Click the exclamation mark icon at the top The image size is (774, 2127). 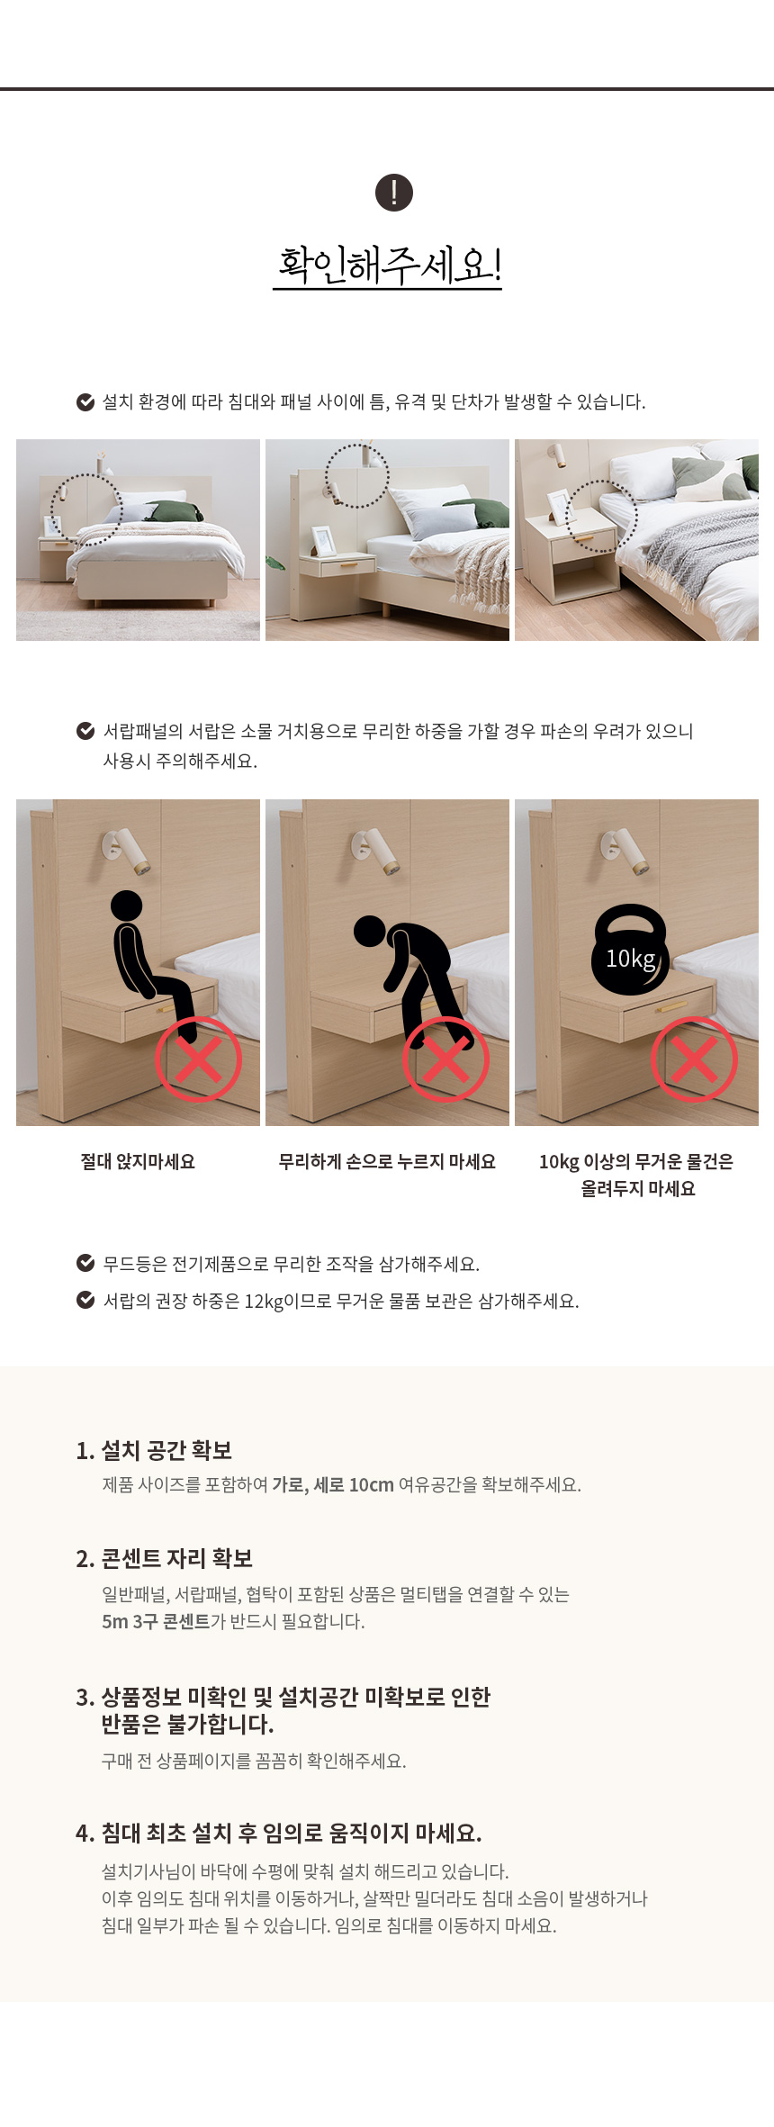[x=393, y=193]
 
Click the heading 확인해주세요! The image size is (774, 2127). [x=388, y=265]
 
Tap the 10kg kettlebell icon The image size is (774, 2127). [x=629, y=950]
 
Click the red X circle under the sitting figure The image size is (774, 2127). [x=198, y=1059]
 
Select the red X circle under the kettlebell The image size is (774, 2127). [x=694, y=1059]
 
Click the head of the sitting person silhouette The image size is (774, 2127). [x=126, y=906]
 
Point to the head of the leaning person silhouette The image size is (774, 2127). [x=369, y=931]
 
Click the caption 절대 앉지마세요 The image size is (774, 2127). [x=138, y=1162]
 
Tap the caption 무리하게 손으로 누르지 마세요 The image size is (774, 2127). [x=387, y=1162]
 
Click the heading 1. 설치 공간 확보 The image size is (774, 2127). [x=154, y=1450]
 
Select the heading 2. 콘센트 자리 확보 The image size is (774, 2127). [x=164, y=1558]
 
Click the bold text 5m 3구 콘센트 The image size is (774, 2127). [x=156, y=1621]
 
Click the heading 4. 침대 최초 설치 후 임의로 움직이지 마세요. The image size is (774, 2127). [x=279, y=1833]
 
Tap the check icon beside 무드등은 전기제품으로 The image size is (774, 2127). [x=85, y=1263]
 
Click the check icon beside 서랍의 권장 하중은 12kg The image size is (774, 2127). [x=85, y=1300]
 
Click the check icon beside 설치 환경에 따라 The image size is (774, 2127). [x=85, y=401]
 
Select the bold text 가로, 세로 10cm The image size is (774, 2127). [x=333, y=1485]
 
